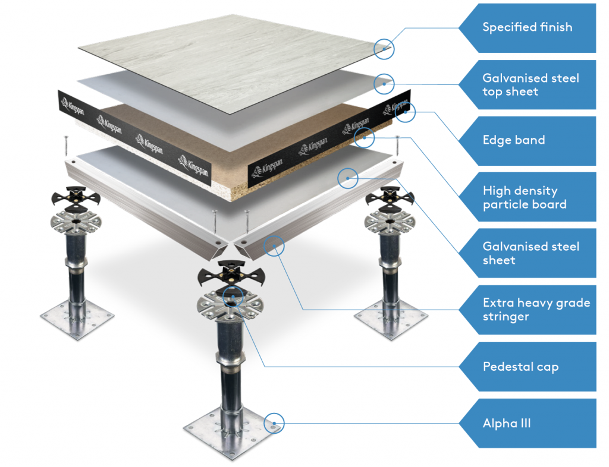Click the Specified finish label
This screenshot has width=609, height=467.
(527, 27)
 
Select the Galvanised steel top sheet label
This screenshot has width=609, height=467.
(530, 84)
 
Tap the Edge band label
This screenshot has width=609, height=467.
(514, 140)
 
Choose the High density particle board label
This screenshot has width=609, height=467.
(525, 197)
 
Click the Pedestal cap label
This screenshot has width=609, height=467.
(520, 367)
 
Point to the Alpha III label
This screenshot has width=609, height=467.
(507, 424)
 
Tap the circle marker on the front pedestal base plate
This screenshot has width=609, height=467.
(275, 423)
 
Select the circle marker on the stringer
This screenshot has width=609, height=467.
(274, 245)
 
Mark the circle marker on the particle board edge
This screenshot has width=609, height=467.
(364, 138)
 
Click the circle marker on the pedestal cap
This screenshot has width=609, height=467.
(233, 295)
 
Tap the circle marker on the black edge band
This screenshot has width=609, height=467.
(406, 111)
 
